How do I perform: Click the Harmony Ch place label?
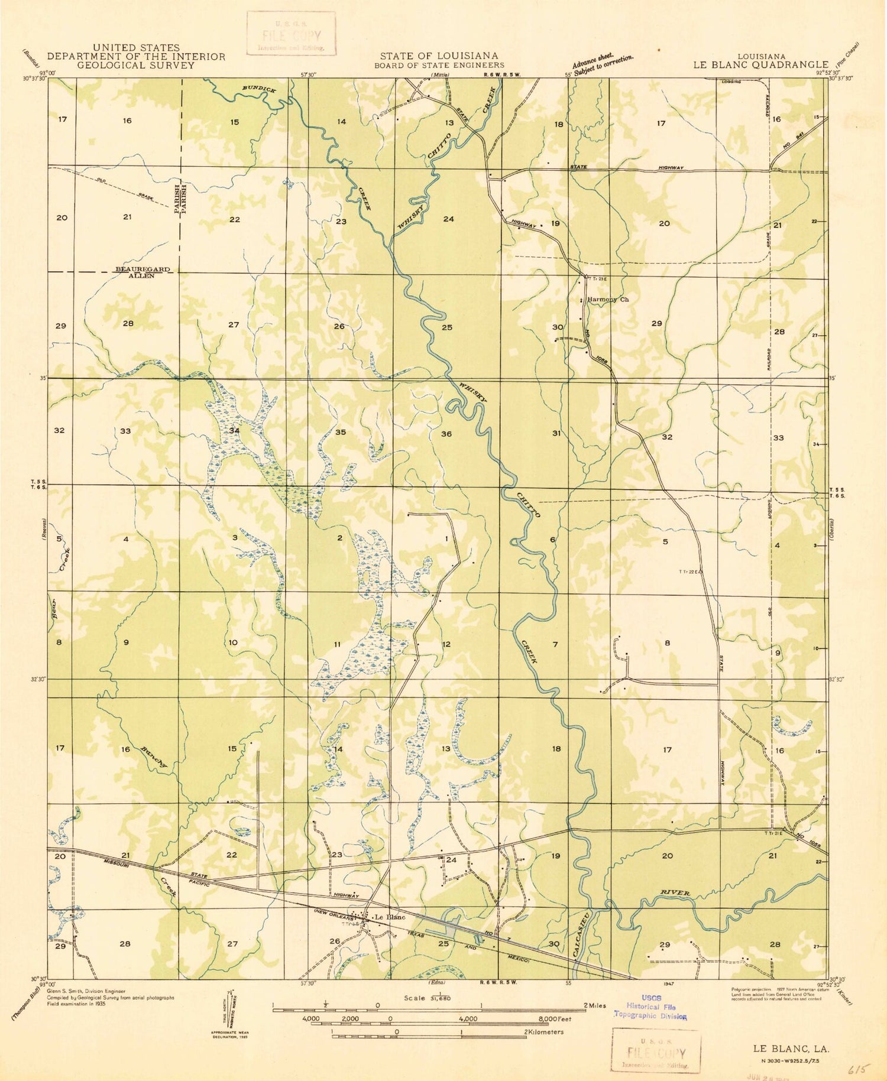607,300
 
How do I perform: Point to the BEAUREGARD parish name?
142,270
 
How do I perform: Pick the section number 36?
446,434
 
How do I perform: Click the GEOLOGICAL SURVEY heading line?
136,66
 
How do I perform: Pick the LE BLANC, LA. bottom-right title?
791,1048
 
